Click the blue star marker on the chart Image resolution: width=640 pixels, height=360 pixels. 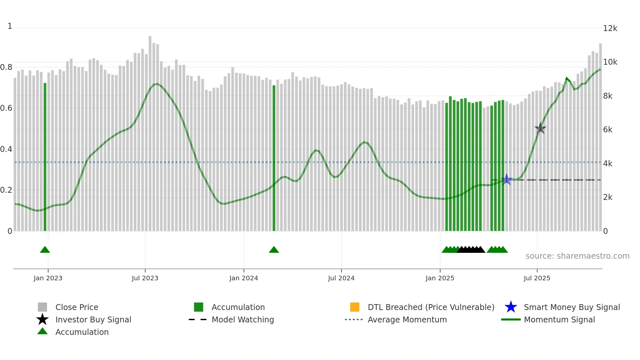506,179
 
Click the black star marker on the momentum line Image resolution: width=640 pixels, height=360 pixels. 540,128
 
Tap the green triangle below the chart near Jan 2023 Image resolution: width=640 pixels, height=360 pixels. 45,250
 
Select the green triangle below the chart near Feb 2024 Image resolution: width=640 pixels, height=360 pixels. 274,250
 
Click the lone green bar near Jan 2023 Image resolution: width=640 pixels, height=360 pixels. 45,157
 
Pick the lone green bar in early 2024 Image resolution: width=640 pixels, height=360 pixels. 274,158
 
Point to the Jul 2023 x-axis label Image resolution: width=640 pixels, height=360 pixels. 145,278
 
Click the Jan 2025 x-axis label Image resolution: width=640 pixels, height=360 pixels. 440,278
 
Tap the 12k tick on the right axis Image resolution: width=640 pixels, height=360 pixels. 610,28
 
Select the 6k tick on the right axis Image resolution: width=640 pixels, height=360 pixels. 608,130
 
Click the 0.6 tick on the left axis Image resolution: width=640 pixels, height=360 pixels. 6,108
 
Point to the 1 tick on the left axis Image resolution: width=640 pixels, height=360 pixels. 10,26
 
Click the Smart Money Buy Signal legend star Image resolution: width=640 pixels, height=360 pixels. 511,307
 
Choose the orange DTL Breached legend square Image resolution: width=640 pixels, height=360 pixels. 355,307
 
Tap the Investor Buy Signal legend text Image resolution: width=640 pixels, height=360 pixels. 93,319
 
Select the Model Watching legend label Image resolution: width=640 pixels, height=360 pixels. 243,319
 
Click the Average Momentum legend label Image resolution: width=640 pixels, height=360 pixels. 407,319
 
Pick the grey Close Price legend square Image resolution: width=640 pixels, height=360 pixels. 42,307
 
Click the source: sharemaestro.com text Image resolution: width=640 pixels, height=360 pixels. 577,256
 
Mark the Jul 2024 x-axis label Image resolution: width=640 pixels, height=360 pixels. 341,278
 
